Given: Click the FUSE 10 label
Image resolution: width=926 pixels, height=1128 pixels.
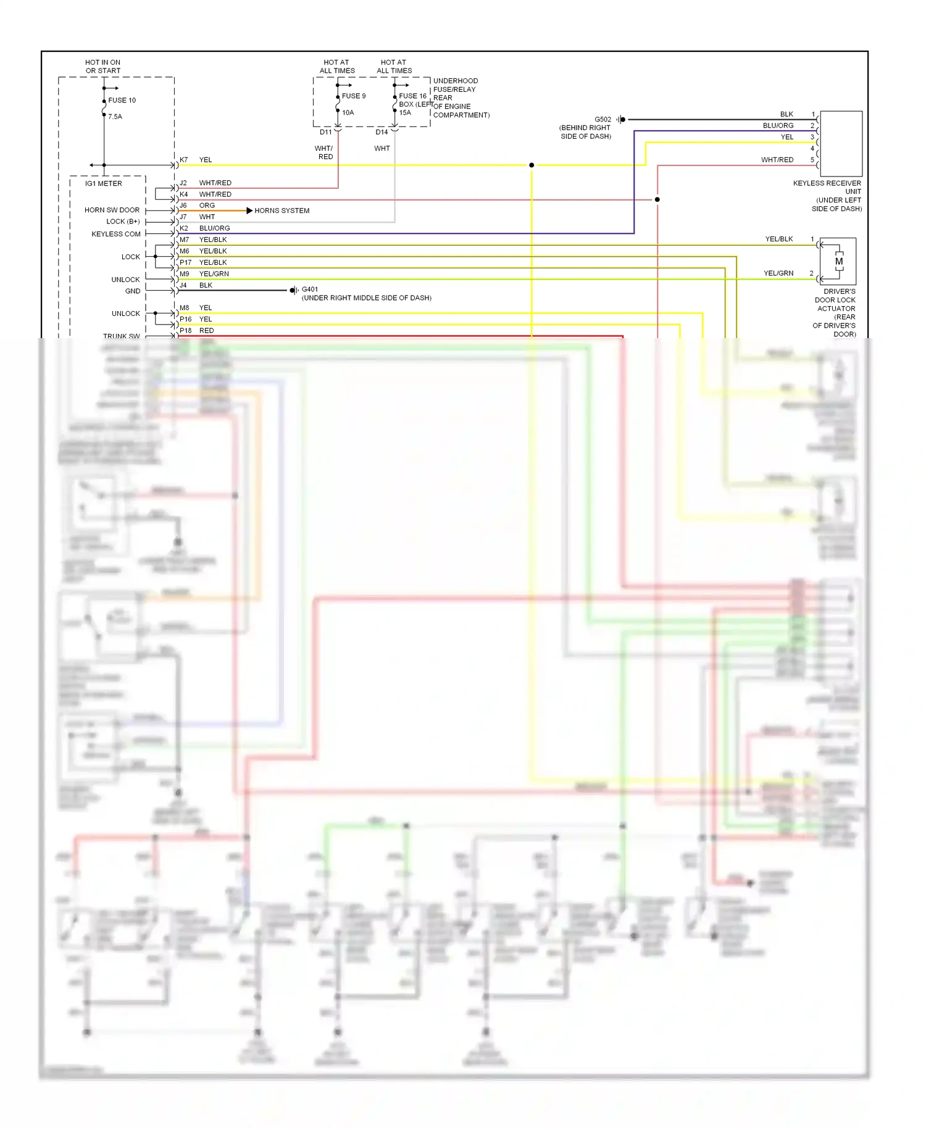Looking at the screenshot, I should [122, 100].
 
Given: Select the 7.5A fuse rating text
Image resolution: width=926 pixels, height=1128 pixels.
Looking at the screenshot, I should [115, 117].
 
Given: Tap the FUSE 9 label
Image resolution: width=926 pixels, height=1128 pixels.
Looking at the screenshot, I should [354, 96].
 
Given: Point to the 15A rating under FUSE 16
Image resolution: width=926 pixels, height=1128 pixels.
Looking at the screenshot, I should [405, 113].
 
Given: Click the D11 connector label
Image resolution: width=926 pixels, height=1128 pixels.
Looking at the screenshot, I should [325, 132].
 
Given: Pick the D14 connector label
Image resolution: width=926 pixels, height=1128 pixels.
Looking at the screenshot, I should [382, 132].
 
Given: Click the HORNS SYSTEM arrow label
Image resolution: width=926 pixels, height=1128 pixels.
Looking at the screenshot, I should [282, 210].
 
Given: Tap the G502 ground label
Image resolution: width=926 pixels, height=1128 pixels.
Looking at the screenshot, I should [603, 120].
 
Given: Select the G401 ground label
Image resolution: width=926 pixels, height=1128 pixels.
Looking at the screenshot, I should [310, 289].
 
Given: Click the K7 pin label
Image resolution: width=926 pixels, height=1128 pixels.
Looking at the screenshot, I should [184, 160].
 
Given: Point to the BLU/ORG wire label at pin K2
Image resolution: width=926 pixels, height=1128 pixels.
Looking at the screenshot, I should [214, 228].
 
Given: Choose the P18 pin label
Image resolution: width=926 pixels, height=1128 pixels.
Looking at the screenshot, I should [186, 331].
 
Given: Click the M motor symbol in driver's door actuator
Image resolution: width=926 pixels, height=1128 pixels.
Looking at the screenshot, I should [839, 262].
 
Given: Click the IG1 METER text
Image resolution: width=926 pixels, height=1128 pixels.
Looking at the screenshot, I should [104, 184].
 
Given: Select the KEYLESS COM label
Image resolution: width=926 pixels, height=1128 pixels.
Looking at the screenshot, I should [116, 234].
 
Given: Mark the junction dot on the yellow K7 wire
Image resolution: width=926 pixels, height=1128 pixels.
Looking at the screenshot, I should [532, 165].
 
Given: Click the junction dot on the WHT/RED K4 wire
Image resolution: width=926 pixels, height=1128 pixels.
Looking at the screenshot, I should [657, 200].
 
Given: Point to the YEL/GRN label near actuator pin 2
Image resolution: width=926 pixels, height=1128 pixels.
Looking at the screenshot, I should [778, 273].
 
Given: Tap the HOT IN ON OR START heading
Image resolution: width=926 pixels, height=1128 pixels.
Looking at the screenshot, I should [103, 67].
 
